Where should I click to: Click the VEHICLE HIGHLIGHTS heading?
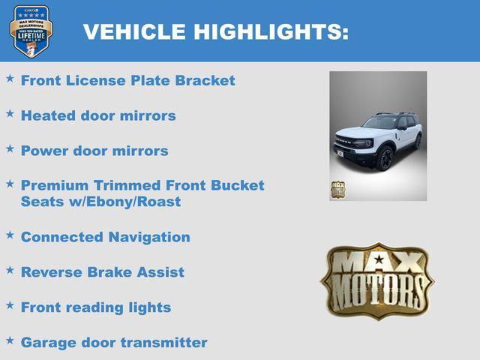coord(215,31)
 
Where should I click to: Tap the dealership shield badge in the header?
coord(31,31)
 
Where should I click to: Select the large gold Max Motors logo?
coord(377,281)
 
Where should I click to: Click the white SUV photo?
coord(378,136)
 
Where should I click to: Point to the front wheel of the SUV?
coord(385,158)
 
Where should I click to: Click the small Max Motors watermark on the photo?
coord(338,189)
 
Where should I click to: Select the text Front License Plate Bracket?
coord(127,80)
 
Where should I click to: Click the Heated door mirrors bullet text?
coord(98,115)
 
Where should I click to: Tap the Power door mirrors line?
coord(94,151)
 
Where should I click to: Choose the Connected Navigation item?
coord(105,237)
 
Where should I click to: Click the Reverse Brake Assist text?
coord(102,272)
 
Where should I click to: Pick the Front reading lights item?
coord(96,307)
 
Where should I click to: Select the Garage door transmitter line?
coord(114,343)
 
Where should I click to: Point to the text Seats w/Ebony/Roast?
coord(100,202)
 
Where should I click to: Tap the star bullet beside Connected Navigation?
coord(10,235)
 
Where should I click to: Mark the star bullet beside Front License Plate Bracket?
coord(10,79)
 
